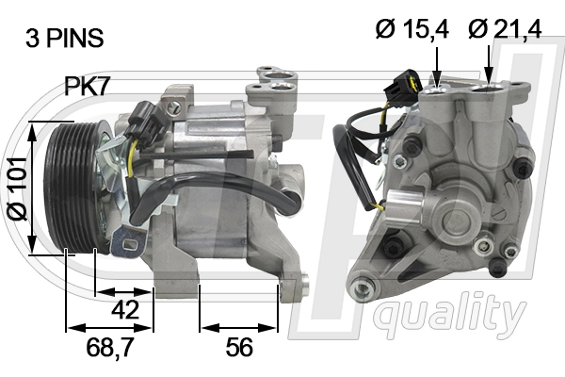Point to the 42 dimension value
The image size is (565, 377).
(124, 309)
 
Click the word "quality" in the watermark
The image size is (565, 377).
(449, 313)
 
